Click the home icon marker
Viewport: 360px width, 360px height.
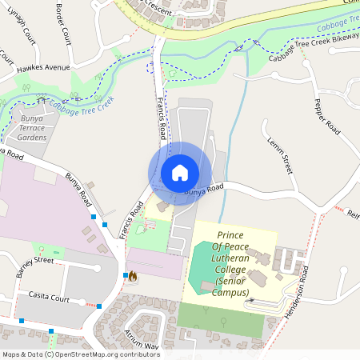click(x=180, y=172)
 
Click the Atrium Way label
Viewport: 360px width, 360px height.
click(x=141, y=339)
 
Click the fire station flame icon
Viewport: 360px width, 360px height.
click(x=133, y=276)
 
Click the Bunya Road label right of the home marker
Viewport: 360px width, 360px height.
click(x=203, y=190)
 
